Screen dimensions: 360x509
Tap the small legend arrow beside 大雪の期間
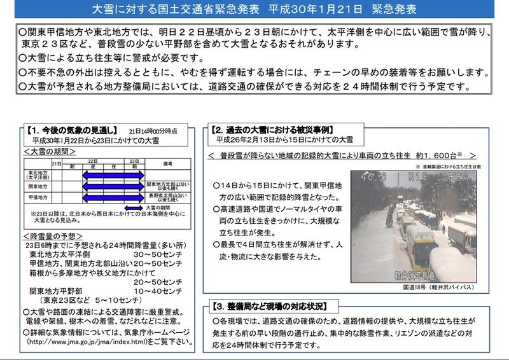pyautogui.click(x=133, y=207)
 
